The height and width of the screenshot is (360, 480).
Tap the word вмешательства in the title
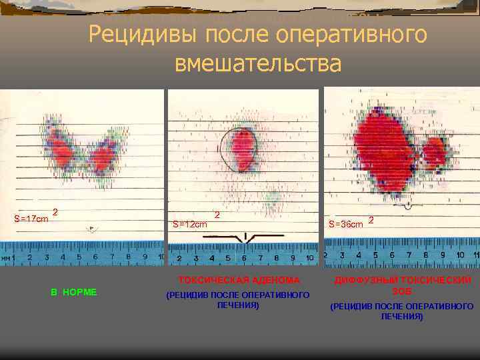pos(257,63)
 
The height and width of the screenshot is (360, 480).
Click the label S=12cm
pos(190,224)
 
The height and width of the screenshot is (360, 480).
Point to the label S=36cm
pos(346,224)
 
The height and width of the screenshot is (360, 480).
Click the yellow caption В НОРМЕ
pos(74,291)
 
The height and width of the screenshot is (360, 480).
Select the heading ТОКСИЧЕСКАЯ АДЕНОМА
pos(239,280)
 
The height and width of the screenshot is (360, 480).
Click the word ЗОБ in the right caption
pos(402,291)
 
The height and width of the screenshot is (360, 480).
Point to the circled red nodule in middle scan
pos(243,149)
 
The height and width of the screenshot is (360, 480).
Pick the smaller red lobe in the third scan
pos(434,152)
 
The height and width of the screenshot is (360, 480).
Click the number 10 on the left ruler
pos(161,257)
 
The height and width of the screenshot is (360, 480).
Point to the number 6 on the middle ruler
pos(244,258)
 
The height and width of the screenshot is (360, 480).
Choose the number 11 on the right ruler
pos(475,255)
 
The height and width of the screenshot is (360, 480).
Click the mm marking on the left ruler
pos(5,258)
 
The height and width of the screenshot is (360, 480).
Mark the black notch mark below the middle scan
pos(247,237)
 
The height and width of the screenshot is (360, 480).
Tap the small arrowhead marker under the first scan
pos(91,228)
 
